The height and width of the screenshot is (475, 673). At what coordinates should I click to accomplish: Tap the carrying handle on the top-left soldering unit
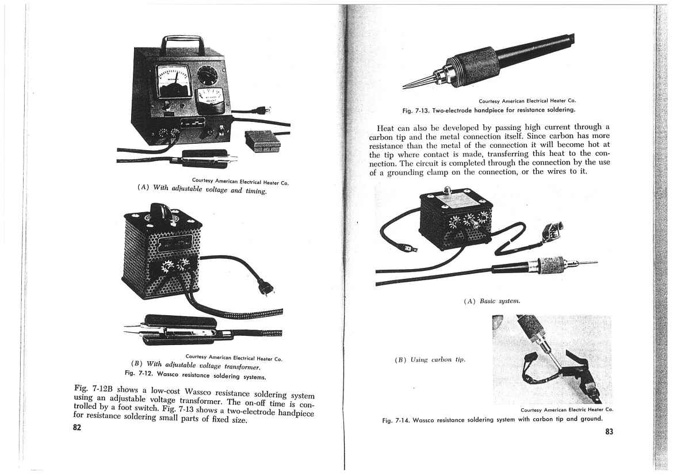point(182,43)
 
